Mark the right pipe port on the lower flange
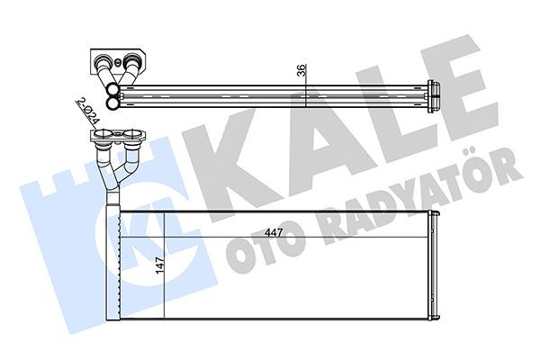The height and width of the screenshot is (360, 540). [x=134, y=139]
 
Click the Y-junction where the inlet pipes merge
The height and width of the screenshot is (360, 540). [x=113, y=176]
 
